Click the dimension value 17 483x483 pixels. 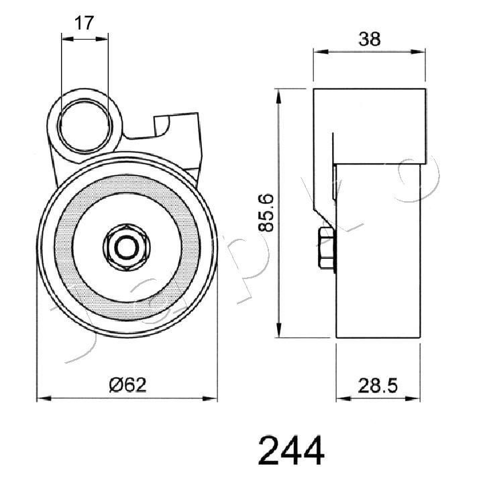tap(84, 23)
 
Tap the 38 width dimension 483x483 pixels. tap(370, 40)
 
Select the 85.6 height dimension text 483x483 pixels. tap(265, 213)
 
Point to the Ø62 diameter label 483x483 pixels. tap(127, 385)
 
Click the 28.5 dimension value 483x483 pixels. tap(378, 386)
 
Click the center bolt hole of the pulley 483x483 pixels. tap(127, 247)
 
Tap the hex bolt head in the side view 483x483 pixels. tap(327, 248)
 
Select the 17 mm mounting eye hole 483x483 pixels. tap(84, 125)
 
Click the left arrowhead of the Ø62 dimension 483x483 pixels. tap(44, 398)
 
